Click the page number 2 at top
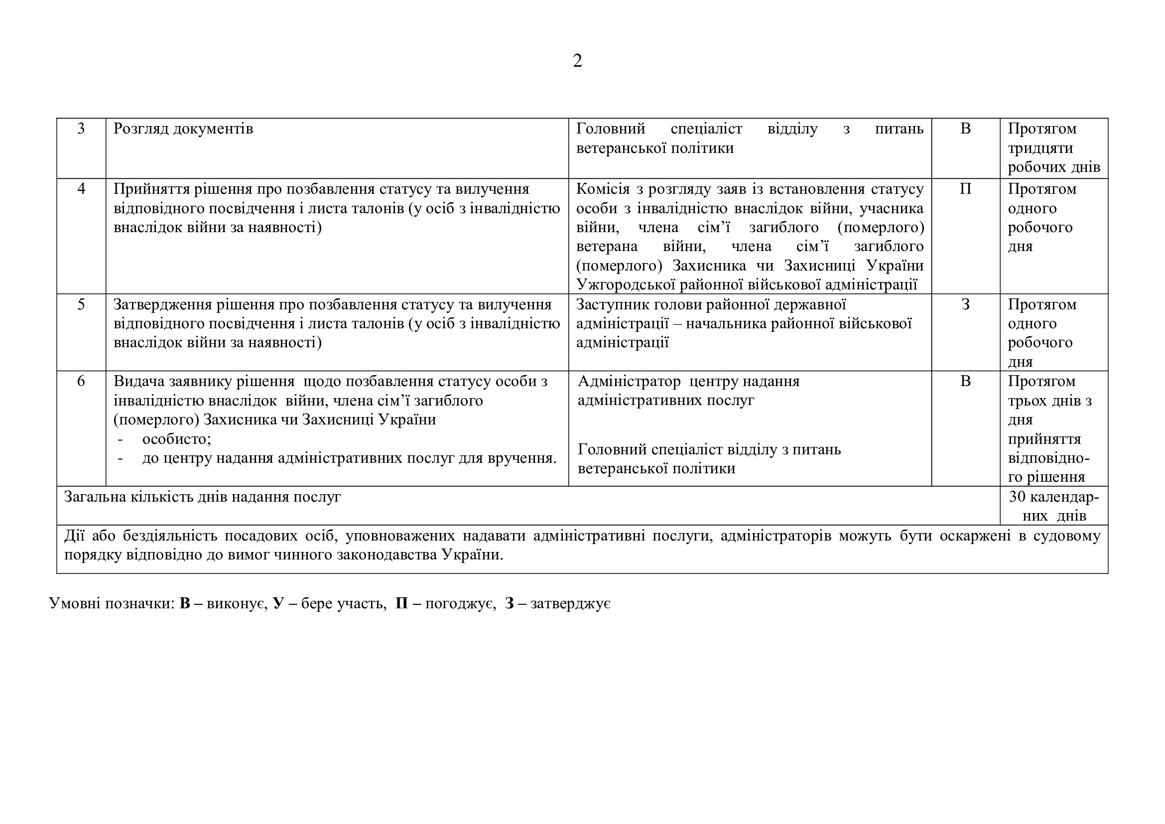(577, 61)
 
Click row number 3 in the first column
(81, 129)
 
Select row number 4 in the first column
(81, 189)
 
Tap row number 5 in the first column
(81, 304)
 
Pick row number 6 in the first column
(81, 381)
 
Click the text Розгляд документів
(183, 129)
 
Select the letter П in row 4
(965, 189)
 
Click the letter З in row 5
(965, 304)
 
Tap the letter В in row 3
(965, 129)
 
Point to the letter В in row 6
(965, 381)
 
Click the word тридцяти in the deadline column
(1040, 148)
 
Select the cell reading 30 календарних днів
(1054, 506)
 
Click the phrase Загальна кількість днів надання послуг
(202, 497)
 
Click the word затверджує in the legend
(570, 603)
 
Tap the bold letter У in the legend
(278, 603)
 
